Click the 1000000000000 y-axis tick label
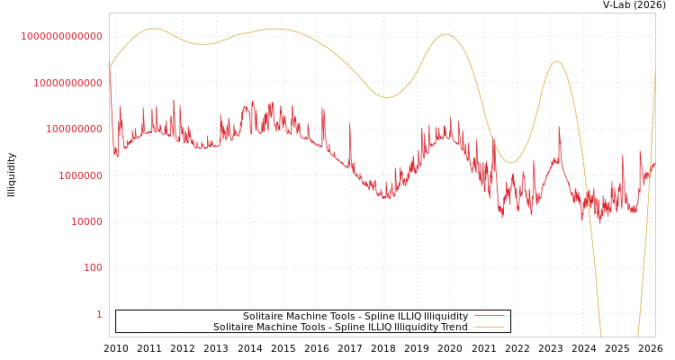tap(61, 36)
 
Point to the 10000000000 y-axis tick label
tap(67, 83)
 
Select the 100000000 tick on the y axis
tap(74, 129)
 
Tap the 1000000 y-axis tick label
tap(80, 175)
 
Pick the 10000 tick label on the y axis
tap(86, 221)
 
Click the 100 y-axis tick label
tap(93, 267)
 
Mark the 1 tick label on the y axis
tap(99, 314)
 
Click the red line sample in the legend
tap(489, 316)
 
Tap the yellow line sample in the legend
tap(489, 327)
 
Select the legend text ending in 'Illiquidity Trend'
tap(340, 327)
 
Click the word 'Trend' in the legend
tap(453, 327)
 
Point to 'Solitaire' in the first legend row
tap(263, 316)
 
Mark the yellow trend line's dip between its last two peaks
tap(510, 163)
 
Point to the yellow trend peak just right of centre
tap(445, 34)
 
